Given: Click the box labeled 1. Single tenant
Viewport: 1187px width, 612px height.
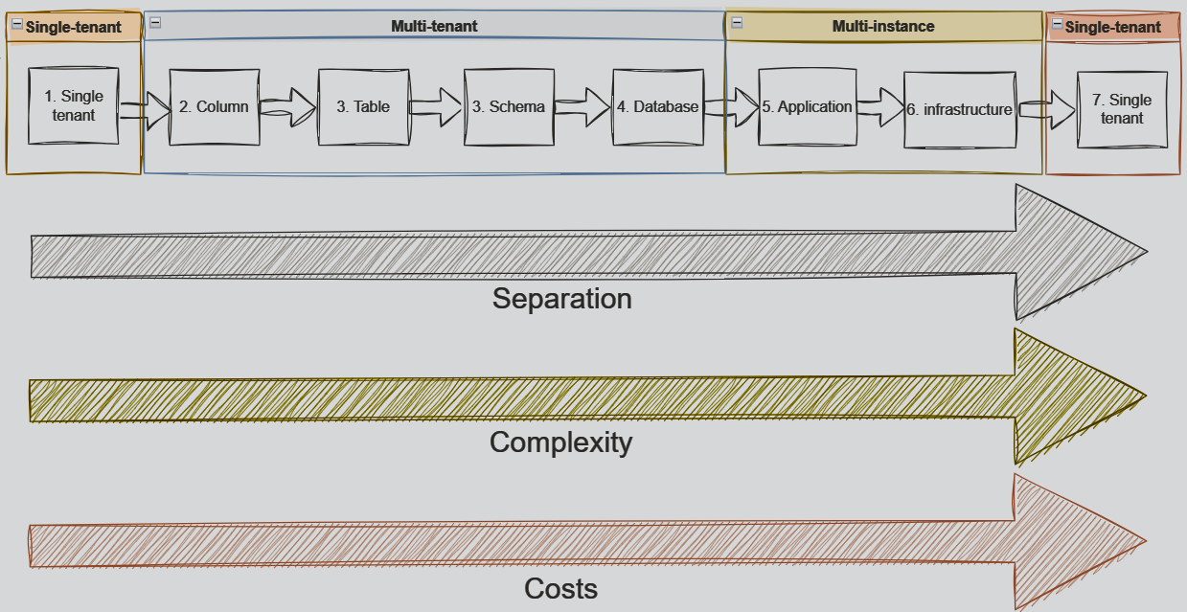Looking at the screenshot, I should [73, 106].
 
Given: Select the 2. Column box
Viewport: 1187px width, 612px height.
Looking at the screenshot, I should [214, 107].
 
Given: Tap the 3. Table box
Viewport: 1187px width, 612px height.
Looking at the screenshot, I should [363, 107].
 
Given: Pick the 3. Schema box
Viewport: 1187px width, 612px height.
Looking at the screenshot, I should [509, 107].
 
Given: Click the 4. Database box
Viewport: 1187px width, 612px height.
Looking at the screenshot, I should [657, 107].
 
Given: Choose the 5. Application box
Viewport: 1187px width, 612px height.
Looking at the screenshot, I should [807, 107].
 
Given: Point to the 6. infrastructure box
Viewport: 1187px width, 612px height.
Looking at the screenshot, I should [959, 110].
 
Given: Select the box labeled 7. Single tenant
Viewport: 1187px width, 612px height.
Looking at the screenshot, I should [1122, 109].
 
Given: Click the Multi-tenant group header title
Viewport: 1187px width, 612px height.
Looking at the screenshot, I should [434, 26].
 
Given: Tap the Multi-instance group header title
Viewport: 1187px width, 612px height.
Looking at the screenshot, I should [882, 26].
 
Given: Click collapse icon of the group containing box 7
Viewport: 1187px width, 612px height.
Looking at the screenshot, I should [1057, 26].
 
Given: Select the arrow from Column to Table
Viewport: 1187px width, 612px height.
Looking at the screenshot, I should [288, 105].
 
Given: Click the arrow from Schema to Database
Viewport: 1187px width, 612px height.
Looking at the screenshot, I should [582, 105].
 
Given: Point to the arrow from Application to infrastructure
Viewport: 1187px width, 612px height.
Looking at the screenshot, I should [879, 105].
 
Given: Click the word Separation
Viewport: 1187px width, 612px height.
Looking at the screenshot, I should [561, 299].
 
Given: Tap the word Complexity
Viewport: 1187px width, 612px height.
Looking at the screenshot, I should [560, 442].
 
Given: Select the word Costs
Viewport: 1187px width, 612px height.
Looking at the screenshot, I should [560, 588].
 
